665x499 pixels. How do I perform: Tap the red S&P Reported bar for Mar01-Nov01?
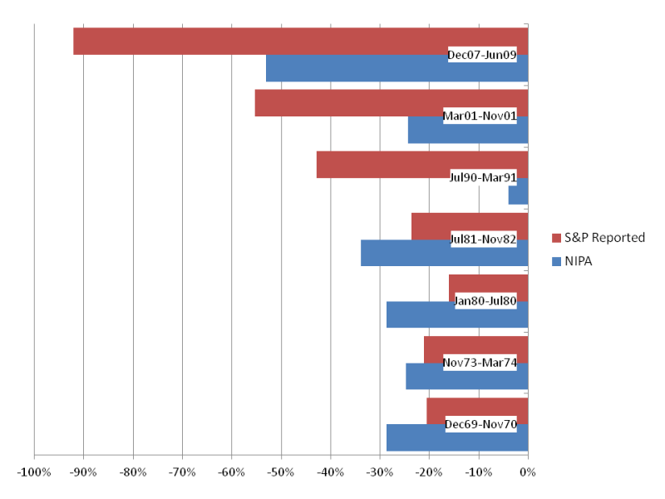[x=349, y=102]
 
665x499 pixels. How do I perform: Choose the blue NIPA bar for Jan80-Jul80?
[x=420, y=315]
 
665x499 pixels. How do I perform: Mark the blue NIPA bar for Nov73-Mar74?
[x=424, y=377]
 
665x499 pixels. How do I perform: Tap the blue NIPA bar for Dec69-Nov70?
[x=416, y=438]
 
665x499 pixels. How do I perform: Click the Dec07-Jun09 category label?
[x=482, y=55]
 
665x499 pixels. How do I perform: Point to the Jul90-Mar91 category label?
[x=483, y=177]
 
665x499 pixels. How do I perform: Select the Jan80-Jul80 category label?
[x=485, y=300]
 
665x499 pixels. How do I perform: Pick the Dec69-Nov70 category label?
[x=480, y=424]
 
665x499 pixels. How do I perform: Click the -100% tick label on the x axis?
[x=34, y=472]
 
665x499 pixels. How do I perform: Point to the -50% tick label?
[x=281, y=472]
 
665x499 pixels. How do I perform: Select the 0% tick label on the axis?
[x=527, y=472]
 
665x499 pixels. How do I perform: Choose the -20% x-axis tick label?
[x=429, y=472]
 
